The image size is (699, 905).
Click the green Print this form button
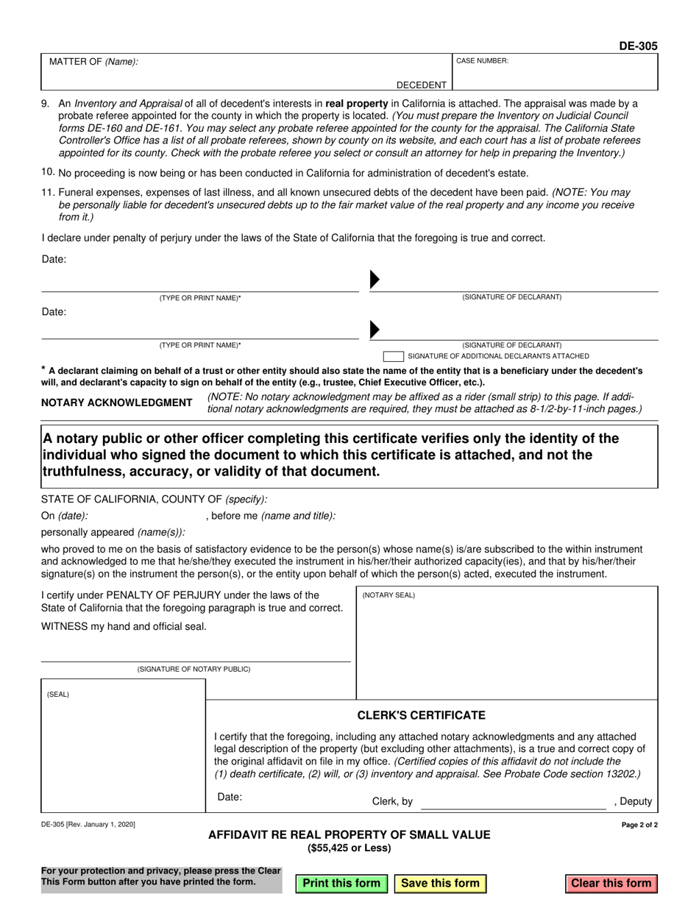click(x=341, y=883)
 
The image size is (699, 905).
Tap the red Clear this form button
click(x=611, y=883)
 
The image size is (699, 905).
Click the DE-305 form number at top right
click(x=638, y=46)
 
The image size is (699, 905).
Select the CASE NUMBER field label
click(x=482, y=61)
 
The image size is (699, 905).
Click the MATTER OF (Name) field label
click(x=93, y=62)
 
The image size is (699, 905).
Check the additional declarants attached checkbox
click(x=393, y=356)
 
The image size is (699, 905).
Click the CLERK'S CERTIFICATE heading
click(x=421, y=715)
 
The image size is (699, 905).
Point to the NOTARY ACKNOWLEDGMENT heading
click(x=117, y=402)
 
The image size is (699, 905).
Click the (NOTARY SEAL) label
click(x=388, y=595)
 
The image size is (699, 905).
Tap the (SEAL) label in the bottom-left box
click(x=58, y=694)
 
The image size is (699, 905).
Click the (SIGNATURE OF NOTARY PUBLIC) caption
click(x=194, y=669)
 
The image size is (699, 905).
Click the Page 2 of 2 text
click(x=639, y=826)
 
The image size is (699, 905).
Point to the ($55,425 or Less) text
click(x=349, y=848)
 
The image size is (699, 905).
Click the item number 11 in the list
click(x=48, y=192)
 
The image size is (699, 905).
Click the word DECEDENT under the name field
click(x=422, y=85)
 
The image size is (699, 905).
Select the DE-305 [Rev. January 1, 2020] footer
click(x=88, y=826)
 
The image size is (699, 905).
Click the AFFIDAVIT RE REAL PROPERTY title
click(x=349, y=834)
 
